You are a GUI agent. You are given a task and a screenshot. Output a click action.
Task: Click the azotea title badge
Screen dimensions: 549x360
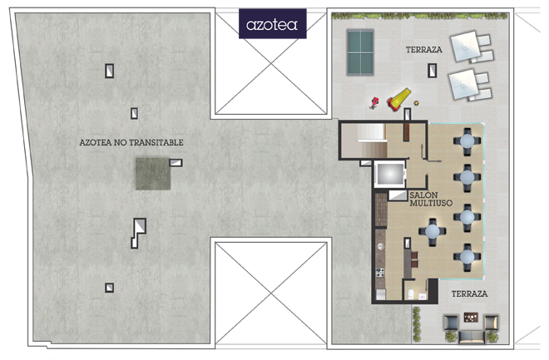point(272,24)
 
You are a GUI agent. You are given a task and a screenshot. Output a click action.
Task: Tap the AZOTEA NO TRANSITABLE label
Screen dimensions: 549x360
point(131,142)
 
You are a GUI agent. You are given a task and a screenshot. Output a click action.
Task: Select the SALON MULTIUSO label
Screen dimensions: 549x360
point(431,199)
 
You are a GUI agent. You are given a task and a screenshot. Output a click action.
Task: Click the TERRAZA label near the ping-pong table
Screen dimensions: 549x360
point(423,50)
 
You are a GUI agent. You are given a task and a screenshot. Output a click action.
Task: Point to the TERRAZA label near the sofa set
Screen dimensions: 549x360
point(469,293)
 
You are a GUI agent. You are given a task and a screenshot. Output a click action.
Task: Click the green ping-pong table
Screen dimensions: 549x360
point(360,52)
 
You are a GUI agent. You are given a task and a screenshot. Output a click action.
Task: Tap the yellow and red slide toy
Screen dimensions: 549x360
point(398,100)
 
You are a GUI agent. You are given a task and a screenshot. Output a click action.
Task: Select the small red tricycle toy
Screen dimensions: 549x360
point(374,103)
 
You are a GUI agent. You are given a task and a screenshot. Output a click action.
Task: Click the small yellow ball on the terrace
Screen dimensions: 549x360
point(416,103)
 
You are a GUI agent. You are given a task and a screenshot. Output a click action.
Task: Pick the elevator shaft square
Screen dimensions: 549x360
point(389,174)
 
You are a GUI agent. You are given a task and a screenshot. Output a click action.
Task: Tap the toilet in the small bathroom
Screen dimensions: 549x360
point(411,293)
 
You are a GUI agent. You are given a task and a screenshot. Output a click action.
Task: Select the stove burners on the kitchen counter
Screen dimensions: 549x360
point(380,273)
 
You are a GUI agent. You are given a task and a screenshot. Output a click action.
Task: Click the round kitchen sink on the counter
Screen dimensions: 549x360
point(380,247)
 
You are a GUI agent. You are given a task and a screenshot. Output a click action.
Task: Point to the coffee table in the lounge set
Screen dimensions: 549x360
point(471,318)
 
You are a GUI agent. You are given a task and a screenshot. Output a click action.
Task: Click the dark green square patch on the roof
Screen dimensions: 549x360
point(153,174)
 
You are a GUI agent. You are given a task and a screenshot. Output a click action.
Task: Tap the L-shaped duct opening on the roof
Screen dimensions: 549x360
point(139,233)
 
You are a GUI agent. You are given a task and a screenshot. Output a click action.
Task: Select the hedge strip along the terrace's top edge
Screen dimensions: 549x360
point(419,16)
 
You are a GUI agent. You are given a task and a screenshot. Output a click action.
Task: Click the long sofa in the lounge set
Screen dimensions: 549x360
point(472,337)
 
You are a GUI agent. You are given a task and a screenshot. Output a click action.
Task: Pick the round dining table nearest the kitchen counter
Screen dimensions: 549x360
point(433,231)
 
